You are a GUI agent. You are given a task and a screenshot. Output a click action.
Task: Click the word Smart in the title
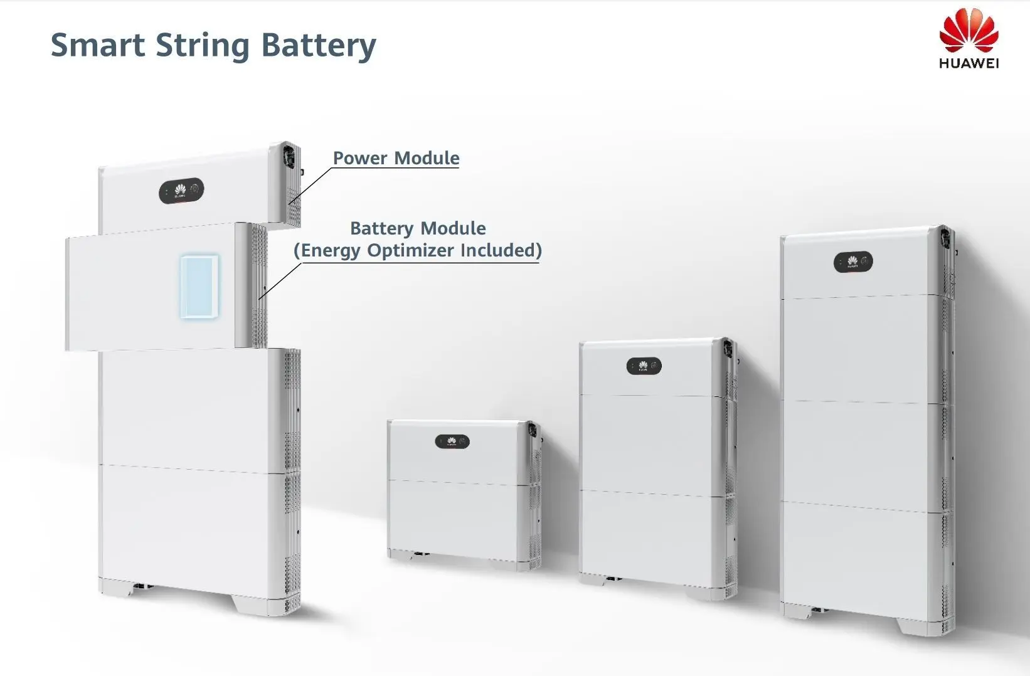(x=97, y=45)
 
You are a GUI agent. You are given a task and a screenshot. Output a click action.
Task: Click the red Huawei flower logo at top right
(x=969, y=30)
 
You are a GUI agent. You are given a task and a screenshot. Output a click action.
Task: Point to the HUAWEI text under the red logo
(x=969, y=63)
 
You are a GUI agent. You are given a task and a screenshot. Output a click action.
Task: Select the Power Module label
(x=396, y=157)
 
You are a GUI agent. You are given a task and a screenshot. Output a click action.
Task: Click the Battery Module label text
(x=418, y=228)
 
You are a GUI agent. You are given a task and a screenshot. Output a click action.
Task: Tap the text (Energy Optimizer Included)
(x=418, y=250)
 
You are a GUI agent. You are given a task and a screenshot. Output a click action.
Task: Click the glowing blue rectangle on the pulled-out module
(x=199, y=287)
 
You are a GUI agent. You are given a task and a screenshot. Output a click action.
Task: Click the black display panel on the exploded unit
(x=181, y=191)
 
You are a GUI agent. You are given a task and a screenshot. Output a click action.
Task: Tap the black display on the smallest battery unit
(x=452, y=441)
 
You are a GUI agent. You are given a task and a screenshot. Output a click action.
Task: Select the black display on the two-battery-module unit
(x=644, y=366)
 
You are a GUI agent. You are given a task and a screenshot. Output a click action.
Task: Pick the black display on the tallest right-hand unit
(x=853, y=262)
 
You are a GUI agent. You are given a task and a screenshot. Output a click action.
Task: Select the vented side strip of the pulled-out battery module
(x=252, y=285)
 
